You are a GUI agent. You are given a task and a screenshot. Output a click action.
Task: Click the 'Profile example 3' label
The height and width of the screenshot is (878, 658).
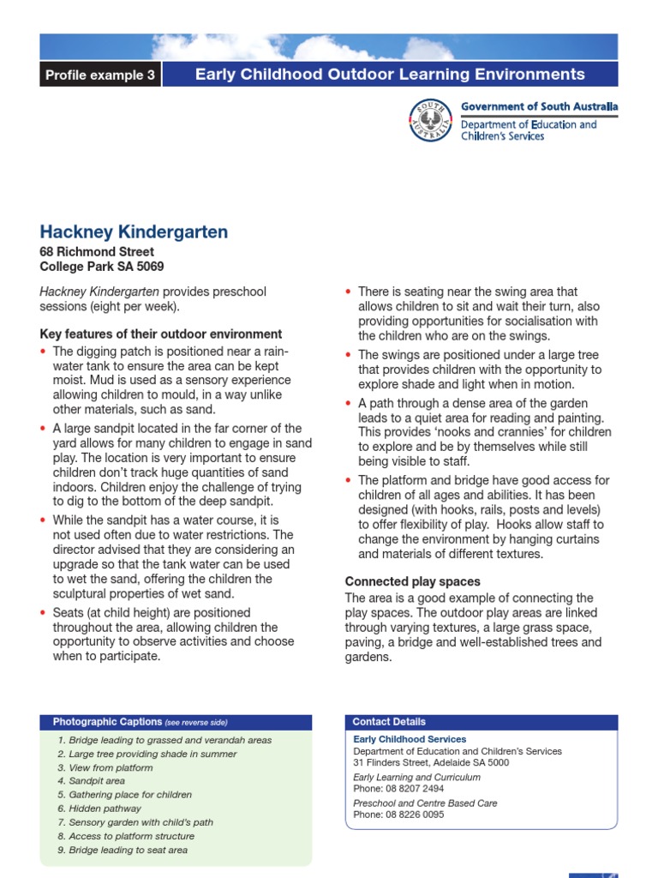[x=100, y=75]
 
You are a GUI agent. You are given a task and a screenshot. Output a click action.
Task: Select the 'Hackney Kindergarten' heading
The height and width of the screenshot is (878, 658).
[x=134, y=232]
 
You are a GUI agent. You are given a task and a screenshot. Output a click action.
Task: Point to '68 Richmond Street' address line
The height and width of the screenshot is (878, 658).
[x=97, y=252]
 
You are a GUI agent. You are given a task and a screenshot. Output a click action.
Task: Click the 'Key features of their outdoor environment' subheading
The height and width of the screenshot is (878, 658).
[x=161, y=334]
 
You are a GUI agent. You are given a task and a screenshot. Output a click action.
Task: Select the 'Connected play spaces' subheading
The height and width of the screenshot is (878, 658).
[x=412, y=581]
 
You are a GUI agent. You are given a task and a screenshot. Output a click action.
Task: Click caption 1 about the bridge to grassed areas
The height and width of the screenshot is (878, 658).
[x=164, y=740]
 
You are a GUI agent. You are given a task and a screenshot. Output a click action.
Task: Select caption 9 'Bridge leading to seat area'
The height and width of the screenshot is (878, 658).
[x=123, y=850]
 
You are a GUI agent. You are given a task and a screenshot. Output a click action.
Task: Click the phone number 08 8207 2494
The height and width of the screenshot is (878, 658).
[x=413, y=789]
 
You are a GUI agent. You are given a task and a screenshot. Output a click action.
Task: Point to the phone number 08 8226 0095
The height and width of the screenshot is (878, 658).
[x=413, y=815]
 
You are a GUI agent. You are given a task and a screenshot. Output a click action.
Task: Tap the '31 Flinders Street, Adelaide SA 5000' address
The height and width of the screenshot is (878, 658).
[x=431, y=762]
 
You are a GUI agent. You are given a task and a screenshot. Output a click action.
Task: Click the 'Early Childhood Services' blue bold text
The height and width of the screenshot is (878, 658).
[x=410, y=739]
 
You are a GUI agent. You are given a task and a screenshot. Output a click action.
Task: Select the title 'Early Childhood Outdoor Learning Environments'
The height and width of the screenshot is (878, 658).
[x=390, y=75]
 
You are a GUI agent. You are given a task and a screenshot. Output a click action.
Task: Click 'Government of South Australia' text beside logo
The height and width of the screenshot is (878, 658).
[x=539, y=107]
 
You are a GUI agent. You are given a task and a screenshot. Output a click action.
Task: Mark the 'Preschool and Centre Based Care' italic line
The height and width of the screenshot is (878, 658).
[x=425, y=803]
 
